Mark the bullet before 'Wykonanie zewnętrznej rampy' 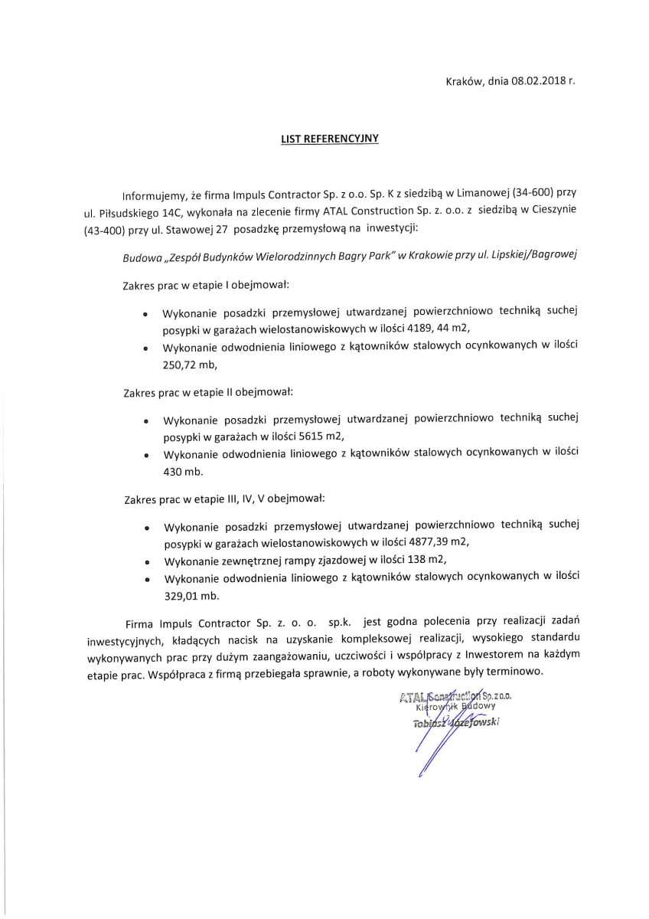click(x=146, y=561)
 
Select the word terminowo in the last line click(x=517, y=672)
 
